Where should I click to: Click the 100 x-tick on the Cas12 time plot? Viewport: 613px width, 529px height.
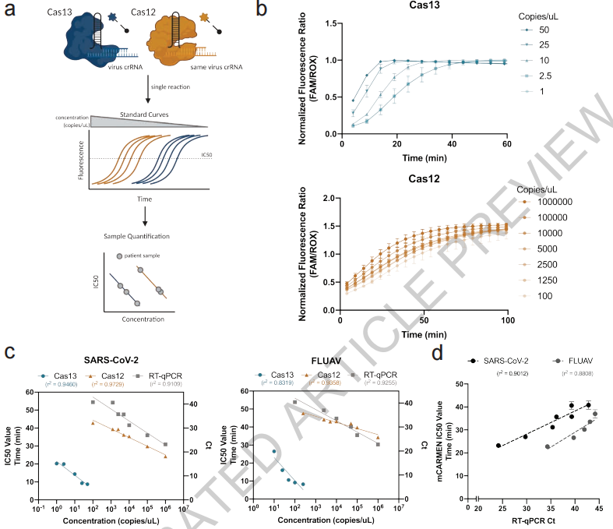[x=507, y=320]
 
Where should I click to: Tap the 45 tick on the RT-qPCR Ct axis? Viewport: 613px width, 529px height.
[x=598, y=507]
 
